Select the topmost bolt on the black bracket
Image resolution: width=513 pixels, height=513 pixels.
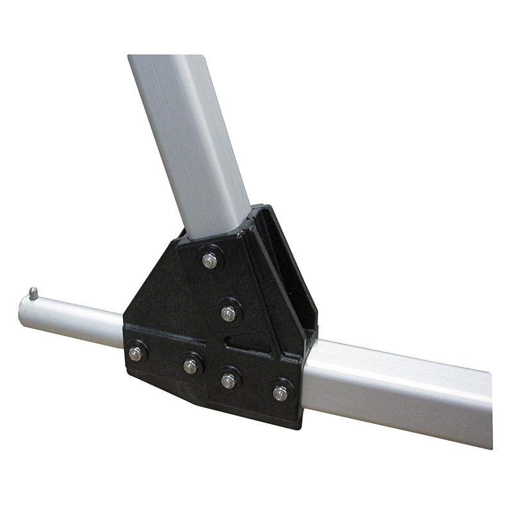click(210, 260)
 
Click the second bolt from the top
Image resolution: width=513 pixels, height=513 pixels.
click(228, 313)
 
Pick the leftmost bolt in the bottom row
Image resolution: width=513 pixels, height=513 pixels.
click(135, 353)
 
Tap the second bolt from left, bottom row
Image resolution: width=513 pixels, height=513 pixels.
click(190, 366)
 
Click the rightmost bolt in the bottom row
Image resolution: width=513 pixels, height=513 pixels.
click(280, 392)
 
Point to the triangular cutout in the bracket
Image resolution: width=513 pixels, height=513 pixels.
click(252, 338)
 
